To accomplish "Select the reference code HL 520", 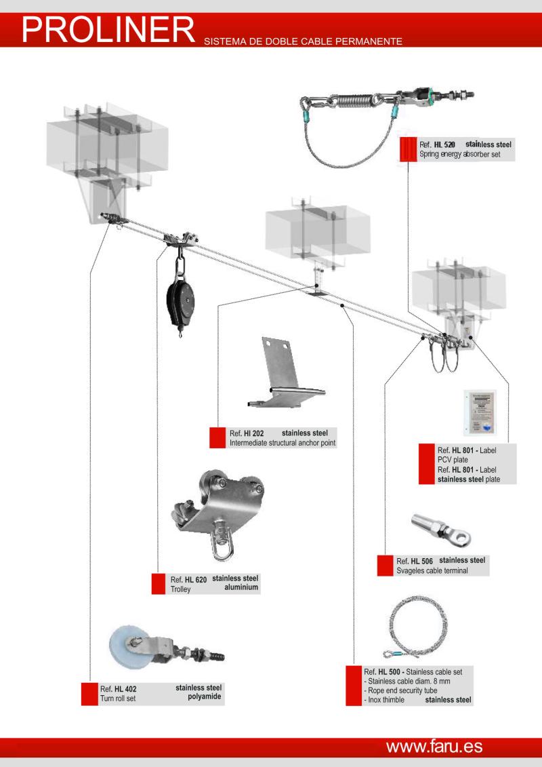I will coord(444,144).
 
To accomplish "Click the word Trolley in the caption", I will coord(180,589).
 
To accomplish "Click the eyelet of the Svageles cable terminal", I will coord(464,539).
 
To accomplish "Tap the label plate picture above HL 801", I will coord(482,413).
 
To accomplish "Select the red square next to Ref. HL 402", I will coord(89,693).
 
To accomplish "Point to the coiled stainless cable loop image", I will coord(415,627).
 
